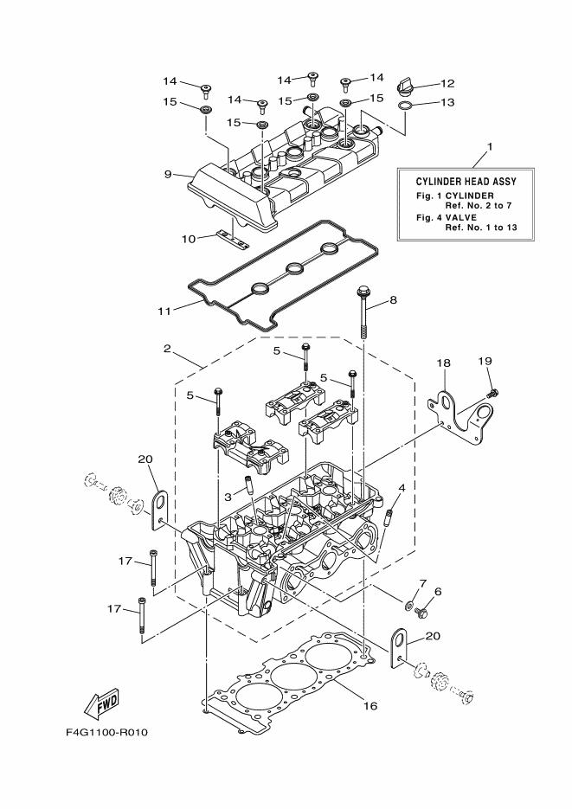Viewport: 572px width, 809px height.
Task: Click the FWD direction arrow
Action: pos(102,700)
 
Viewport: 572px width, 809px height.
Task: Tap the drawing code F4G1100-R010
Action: pos(107,732)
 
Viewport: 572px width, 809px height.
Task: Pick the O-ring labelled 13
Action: pos(405,107)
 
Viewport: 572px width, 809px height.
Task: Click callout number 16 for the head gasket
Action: pos(370,706)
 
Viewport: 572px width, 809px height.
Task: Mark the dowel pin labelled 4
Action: pos(390,519)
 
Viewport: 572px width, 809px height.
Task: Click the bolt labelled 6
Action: pos(421,613)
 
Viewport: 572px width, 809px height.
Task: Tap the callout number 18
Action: pos(444,364)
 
